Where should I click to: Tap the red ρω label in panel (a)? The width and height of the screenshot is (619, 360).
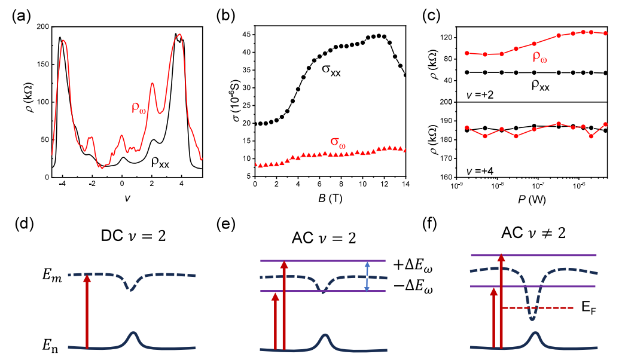(x=141, y=108)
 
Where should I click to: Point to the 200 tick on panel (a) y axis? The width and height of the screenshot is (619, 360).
(x=40, y=28)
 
